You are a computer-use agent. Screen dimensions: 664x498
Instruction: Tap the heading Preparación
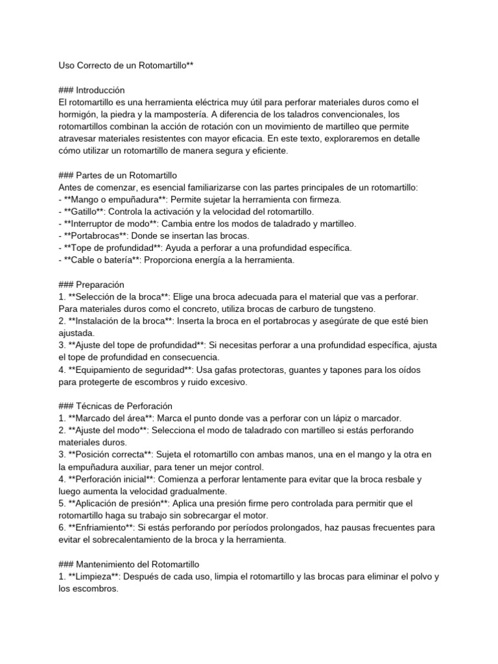[x=100, y=285]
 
